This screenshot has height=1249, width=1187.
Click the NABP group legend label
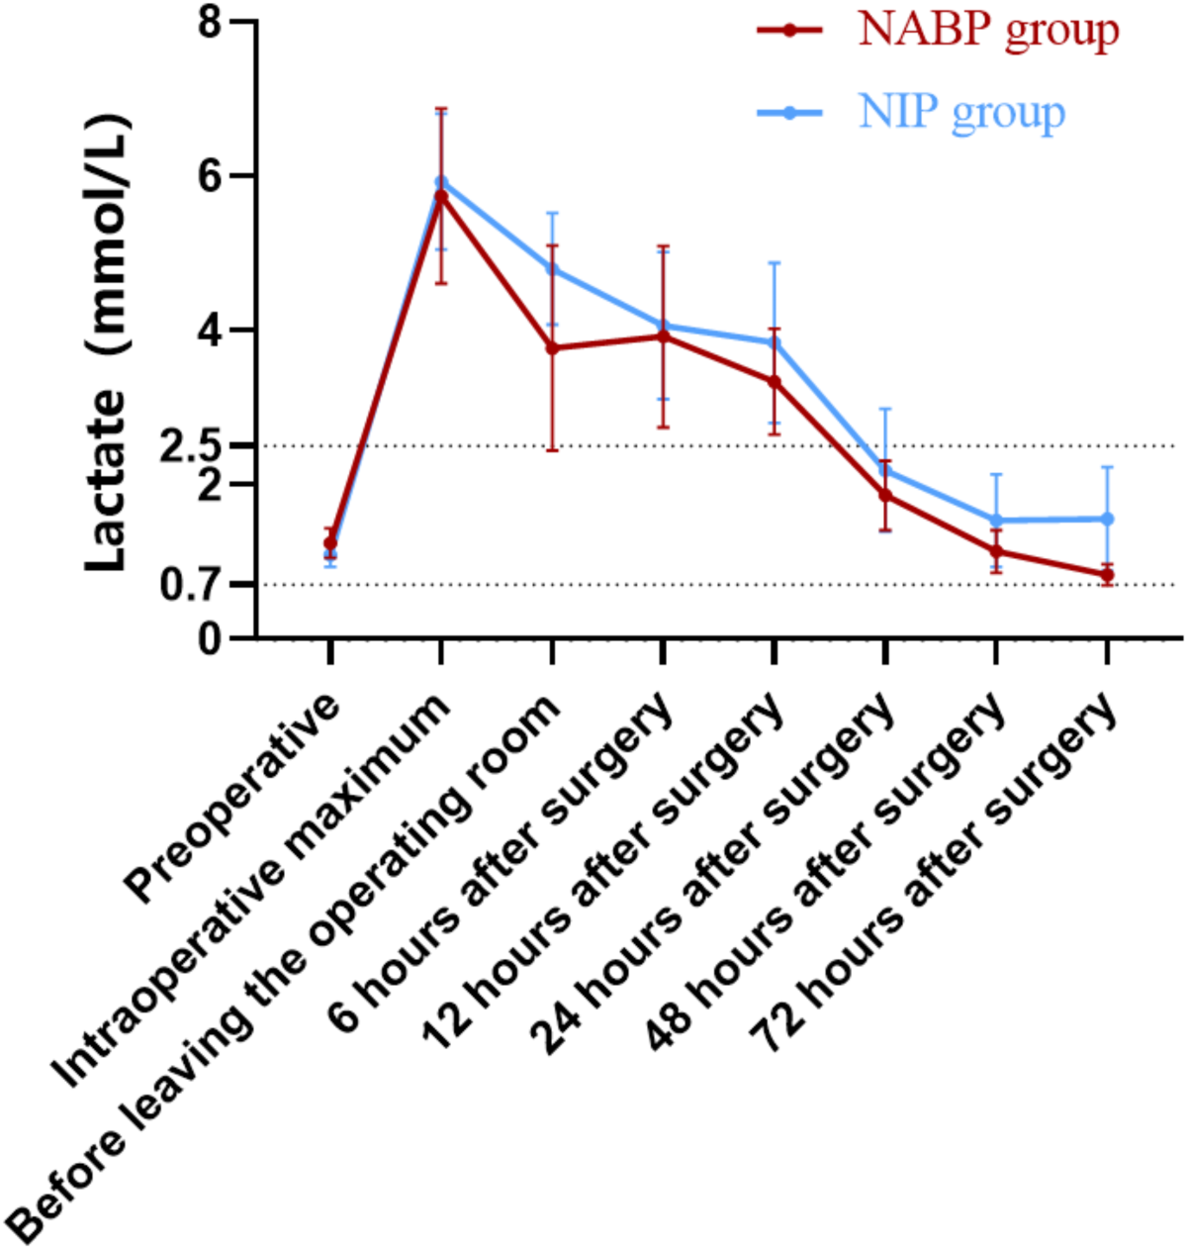[988, 30]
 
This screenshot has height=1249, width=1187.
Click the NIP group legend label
[961, 113]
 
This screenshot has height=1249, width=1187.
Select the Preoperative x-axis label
[237, 797]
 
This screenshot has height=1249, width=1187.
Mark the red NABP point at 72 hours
[1107, 575]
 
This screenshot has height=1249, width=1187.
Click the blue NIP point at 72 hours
[1107, 519]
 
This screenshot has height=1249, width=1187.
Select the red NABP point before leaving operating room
[552, 348]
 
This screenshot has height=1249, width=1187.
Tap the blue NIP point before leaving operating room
[552, 269]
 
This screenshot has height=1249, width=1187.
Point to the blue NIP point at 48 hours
[996, 521]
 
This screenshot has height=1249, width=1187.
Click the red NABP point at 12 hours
[775, 381]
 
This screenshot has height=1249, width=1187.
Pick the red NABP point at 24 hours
[885, 495]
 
